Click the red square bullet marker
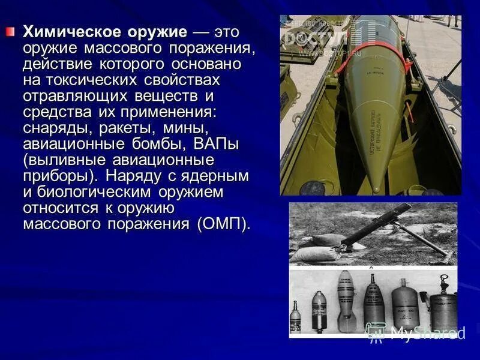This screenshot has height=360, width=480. click(x=10, y=31)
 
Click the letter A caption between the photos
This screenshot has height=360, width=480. click(x=371, y=268)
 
